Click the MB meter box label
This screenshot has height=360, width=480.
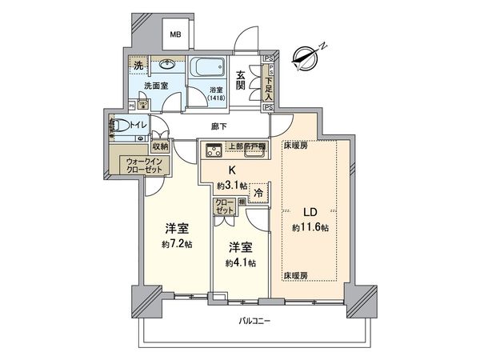pos(174,35)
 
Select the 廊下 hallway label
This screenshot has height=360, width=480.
pos(218,126)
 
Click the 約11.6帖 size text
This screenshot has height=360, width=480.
pos(310,228)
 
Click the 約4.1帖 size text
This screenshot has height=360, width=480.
pos(239,262)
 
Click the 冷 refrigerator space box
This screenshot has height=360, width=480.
pos(260,192)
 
